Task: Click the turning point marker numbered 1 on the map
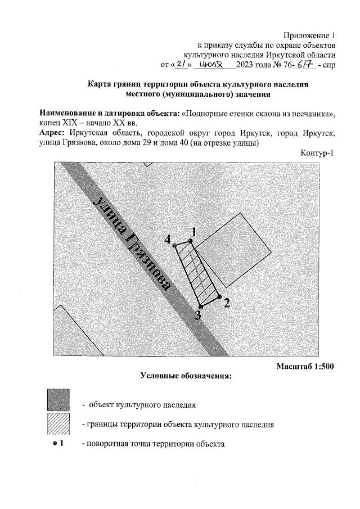190,241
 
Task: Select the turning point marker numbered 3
200,307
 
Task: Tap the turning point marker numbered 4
174,245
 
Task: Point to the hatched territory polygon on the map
197,273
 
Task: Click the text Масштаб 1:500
305,366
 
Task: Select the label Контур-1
318,154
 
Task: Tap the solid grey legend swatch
59,400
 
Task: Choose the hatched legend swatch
59,424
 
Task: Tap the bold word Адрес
53,133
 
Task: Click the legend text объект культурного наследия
142,404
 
